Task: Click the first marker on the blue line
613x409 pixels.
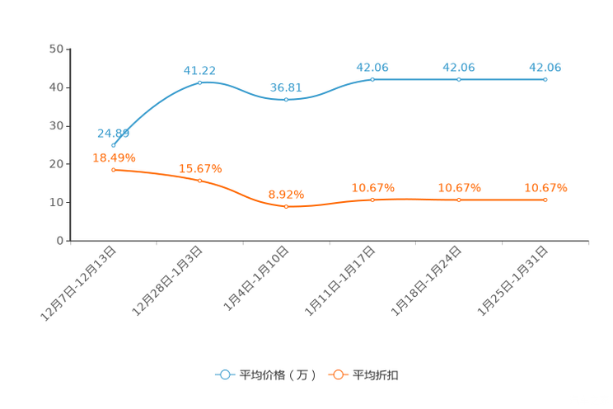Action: (113, 145)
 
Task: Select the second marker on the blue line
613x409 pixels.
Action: (200, 82)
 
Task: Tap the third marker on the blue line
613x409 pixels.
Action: (286, 99)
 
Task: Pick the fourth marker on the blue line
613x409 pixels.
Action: (372, 79)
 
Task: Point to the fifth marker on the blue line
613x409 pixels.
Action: (459, 79)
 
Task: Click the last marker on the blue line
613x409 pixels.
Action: (545, 79)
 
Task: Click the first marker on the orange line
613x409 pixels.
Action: (113, 169)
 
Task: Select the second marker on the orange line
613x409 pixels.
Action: (200, 181)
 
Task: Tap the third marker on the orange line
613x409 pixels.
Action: (286, 207)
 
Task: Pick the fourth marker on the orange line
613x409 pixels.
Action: (372, 200)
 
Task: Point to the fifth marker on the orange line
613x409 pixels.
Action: (459, 200)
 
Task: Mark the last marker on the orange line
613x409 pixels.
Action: (545, 200)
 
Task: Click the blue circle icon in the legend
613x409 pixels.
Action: (224, 375)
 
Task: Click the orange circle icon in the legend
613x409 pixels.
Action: (337, 375)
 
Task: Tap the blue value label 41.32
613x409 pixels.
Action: (200, 69)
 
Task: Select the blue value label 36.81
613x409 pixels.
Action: (286, 86)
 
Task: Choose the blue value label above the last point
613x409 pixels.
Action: (545, 66)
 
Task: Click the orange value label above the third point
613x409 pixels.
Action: (286, 194)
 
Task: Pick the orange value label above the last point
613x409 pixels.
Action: (545, 187)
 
